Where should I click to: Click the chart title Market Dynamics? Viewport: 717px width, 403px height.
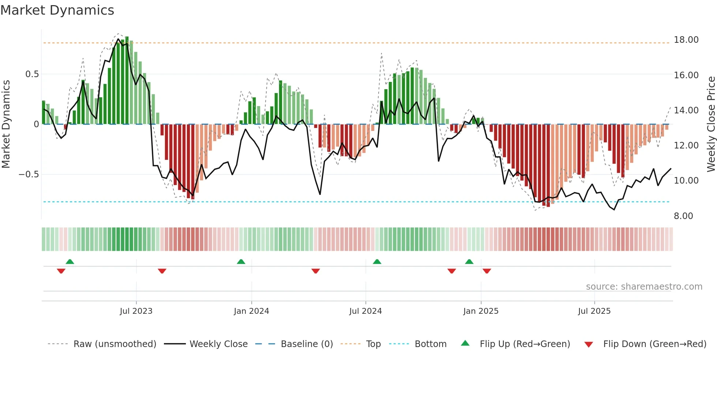tap(57, 10)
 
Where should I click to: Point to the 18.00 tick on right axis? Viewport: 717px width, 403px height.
tap(686, 40)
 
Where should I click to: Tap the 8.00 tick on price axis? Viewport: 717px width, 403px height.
tap(683, 216)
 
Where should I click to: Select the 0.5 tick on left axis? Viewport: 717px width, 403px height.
tap(32, 74)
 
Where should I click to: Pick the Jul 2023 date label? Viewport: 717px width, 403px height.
tap(136, 311)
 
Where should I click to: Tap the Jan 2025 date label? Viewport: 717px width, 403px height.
tap(481, 311)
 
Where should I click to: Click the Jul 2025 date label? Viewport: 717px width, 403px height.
tap(594, 311)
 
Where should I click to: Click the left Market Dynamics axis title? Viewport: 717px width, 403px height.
tap(6, 124)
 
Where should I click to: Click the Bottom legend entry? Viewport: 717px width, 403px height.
tap(430, 344)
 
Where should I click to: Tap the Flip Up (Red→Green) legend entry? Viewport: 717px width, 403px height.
tap(525, 344)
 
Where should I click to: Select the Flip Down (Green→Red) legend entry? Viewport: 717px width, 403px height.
tap(654, 344)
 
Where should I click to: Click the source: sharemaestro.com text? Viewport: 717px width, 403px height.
tap(644, 287)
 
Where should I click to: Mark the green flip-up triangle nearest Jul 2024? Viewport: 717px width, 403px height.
tap(377, 262)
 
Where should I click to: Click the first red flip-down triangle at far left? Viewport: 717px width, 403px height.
tap(61, 271)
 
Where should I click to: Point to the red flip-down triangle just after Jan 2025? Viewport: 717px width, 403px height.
tap(487, 271)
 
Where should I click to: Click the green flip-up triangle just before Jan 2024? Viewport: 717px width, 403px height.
tap(241, 262)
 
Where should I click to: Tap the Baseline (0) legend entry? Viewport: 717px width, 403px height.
tap(307, 344)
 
